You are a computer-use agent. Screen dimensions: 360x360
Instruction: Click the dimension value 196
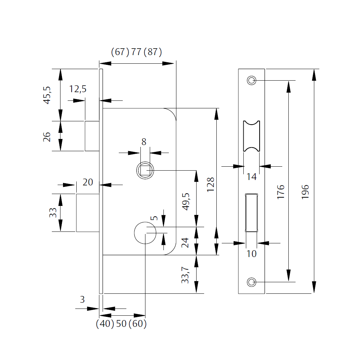point(305,193)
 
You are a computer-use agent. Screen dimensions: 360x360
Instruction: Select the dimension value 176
point(281,192)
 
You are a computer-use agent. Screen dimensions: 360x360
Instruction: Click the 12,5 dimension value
point(78,89)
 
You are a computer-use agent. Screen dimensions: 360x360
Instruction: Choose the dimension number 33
point(53,212)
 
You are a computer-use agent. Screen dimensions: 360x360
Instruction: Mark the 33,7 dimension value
point(185,275)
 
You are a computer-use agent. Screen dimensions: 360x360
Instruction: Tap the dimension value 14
point(252,177)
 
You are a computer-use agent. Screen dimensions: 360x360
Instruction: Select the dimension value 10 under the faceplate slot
point(252,254)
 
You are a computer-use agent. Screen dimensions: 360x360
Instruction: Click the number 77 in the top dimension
point(136,52)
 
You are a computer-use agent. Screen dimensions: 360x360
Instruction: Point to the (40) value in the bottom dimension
point(105,324)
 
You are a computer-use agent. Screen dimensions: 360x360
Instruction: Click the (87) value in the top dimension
point(153,52)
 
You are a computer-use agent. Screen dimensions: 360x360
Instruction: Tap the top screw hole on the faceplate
point(251,80)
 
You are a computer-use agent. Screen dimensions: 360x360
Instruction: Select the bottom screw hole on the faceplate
point(251,282)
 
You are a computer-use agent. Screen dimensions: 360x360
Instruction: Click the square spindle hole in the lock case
point(145,170)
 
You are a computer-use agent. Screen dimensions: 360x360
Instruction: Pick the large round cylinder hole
point(145,233)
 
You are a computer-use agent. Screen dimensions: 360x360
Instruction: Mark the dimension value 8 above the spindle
point(144,142)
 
